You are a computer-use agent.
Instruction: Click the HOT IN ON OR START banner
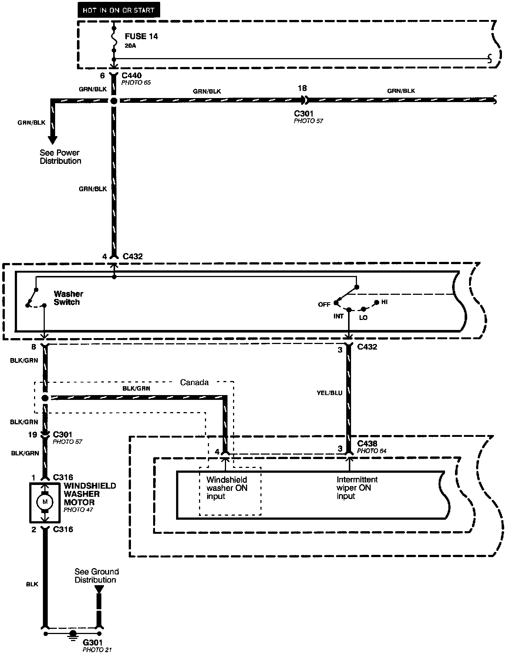118,10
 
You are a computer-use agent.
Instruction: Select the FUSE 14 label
141,36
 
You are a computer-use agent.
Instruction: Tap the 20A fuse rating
130,46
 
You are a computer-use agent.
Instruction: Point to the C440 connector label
131,76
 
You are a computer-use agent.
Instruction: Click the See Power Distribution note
60,157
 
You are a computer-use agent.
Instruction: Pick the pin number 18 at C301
302,88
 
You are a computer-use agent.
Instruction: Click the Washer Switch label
68,298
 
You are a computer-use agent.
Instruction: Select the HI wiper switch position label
384,302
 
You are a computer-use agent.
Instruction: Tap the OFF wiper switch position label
324,304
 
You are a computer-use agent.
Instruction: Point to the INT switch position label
338,316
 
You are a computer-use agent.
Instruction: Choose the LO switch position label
363,318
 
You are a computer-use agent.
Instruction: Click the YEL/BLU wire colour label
329,393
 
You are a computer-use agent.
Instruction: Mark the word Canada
194,382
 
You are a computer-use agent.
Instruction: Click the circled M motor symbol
45,502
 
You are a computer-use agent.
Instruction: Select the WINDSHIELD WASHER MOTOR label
90,494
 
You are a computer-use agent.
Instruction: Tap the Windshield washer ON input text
227,488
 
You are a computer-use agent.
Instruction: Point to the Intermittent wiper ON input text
357,488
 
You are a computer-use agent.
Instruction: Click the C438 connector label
367,444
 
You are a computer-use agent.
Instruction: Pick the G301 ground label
92,643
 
